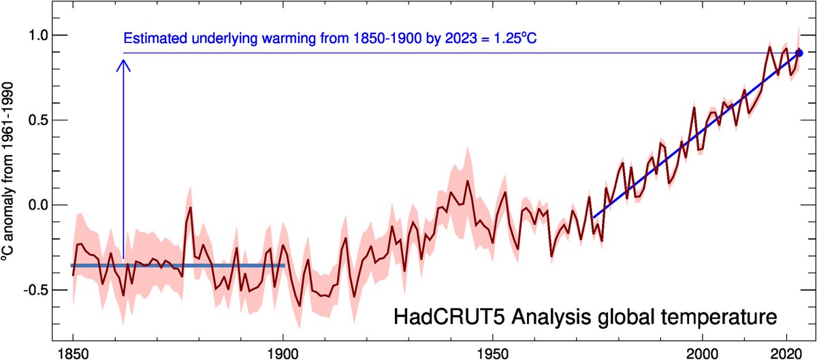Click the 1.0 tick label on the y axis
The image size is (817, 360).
click(x=34, y=35)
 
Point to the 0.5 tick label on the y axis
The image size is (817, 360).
click(x=34, y=120)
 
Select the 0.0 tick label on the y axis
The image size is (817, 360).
click(x=34, y=205)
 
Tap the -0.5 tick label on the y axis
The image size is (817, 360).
click(x=33, y=290)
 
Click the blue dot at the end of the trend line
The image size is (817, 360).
click(x=799, y=52)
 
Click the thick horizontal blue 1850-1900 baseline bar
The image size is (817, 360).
click(x=177, y=265)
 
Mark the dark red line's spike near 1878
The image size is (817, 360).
click(x=191, y=208)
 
